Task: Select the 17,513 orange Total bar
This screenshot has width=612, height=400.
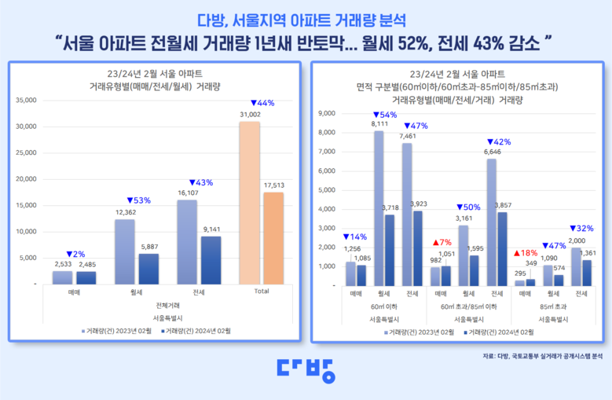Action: point(273,237)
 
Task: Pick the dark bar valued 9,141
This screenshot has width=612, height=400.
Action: point(211,259)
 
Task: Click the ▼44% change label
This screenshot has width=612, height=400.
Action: point(262,104)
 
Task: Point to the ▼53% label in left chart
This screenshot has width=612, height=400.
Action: point(137,200)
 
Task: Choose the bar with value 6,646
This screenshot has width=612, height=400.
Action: point(491,222)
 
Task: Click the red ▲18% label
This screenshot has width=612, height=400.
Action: point(525,253)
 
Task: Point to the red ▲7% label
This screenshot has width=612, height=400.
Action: point(440,243)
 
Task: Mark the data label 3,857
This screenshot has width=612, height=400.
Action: point(503,205)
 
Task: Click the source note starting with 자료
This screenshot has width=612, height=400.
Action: point(543,356)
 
